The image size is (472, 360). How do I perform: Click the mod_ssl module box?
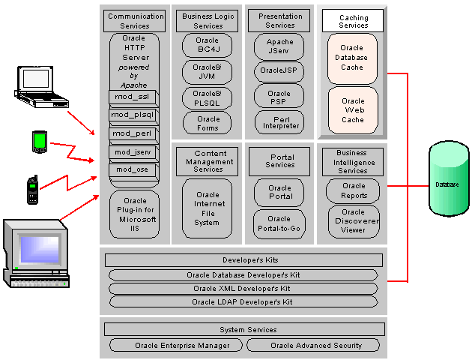click(x=133, y=97)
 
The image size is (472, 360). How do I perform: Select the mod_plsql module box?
click(x=133, y=115)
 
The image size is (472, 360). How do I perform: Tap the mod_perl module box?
click(x=133, y=133)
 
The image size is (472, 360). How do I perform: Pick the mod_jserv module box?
click(x=133, y=152)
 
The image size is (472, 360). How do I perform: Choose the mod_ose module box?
click(x=133, y=169)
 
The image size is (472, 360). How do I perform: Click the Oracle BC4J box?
click(x=207, y=46)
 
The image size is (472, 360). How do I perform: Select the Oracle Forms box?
click(x=208, y=124)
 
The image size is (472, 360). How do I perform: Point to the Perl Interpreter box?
click(x=279, y=121)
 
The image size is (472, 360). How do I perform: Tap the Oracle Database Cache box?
click(x=352, y=58)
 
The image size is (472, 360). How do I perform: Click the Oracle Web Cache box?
click(x=352, y=110)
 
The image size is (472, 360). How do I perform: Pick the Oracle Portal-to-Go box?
click(x=279, y=224)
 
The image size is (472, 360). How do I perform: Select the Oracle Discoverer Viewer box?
click(x=352, y=221)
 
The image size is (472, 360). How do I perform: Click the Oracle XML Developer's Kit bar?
click(x=243, y=289)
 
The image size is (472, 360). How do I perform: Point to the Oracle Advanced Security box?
click(x=315, y=346)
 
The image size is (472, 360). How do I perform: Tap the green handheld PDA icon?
click(x=39, y=141)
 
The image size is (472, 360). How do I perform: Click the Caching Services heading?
click(x=352, y=21)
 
